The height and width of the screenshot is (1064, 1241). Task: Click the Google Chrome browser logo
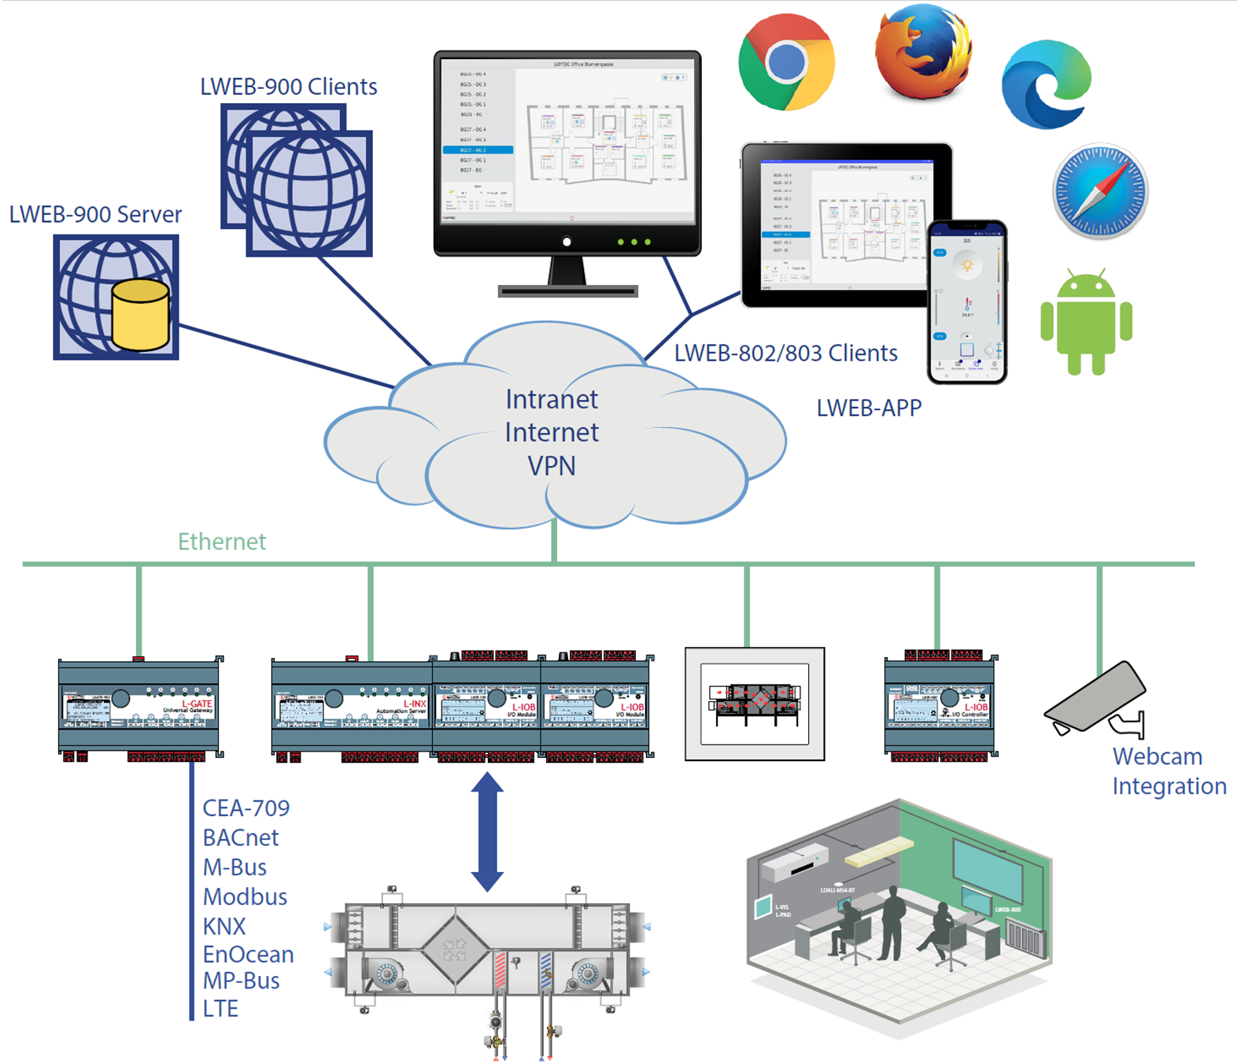click(786, 62)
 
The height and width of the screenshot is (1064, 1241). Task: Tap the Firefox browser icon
click(922, 53)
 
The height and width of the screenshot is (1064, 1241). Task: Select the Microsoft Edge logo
click(1046, 85)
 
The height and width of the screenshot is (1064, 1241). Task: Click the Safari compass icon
click(1099, 191)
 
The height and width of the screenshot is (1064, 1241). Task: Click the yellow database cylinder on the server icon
click(140, 316)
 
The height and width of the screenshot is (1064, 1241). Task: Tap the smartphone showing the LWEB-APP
click(966, 302)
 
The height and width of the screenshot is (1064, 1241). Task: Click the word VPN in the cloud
click(551, 466)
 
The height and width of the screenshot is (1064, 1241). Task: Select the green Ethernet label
click(221, 541)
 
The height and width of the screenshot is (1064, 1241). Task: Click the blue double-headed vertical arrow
click(487, 831)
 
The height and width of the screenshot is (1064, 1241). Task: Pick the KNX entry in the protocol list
click(224, 926)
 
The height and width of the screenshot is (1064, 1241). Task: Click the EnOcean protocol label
click(248, 955)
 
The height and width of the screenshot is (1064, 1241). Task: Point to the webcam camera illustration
click(1096, 698)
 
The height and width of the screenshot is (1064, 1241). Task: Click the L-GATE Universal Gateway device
click(139, 706)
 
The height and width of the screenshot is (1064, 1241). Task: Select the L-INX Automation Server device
click(351, 706)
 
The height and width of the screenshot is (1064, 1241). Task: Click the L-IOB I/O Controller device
click(940, 706)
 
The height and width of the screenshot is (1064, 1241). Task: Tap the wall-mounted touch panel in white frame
click(754, 704)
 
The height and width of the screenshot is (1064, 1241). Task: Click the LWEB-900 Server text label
click(95, 214)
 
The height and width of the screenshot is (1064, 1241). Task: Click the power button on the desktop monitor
click(567, 242)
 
